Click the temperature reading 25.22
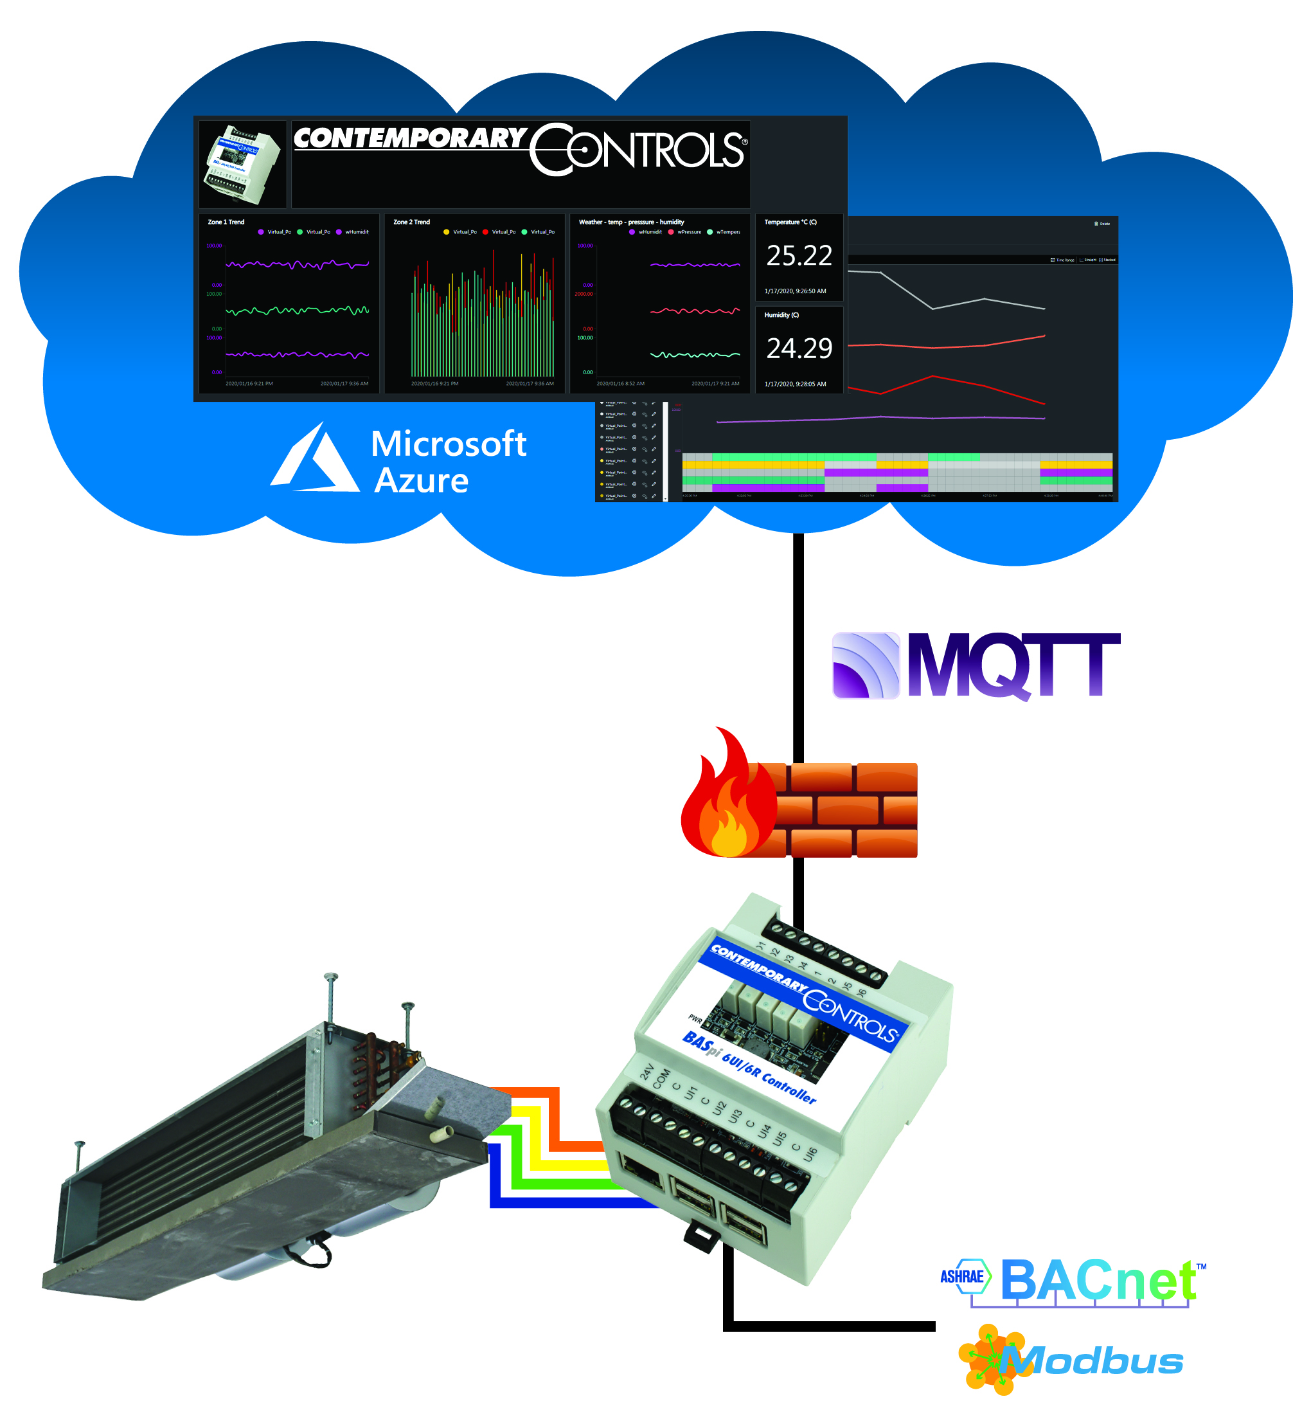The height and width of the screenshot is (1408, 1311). click(799, 256)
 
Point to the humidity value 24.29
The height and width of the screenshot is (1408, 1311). click(799, 348)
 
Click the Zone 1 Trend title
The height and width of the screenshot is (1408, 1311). click(226, 222)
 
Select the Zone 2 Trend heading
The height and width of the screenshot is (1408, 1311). click(411, 222)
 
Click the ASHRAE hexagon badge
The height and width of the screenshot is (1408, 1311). click(964, 1276)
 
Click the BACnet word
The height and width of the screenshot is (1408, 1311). click(1097, 1280)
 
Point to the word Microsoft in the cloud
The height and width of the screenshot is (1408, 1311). click(448, 444)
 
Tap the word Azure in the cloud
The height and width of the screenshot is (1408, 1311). click(421, 481)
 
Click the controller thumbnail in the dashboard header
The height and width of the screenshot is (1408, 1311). click(242, 165)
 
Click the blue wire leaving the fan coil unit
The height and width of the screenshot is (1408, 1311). click(559, 1202)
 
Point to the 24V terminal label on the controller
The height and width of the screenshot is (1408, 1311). click(647, 1071)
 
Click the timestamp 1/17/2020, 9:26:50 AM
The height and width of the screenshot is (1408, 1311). click(794, 291)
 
